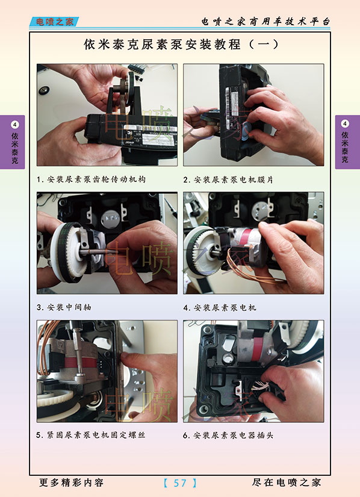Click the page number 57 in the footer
180,483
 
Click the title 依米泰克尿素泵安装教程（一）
181,45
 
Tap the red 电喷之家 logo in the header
54,22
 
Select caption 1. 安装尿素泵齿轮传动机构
91,180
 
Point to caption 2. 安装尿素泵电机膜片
228,180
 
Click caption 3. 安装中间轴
64,307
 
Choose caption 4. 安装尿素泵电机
220,307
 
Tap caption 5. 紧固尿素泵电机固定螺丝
91,435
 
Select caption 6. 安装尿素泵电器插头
228,435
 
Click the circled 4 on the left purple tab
14,125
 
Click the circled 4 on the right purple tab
345,123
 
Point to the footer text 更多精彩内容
71,483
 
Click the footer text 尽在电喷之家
287,483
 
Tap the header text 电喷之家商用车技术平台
265,22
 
